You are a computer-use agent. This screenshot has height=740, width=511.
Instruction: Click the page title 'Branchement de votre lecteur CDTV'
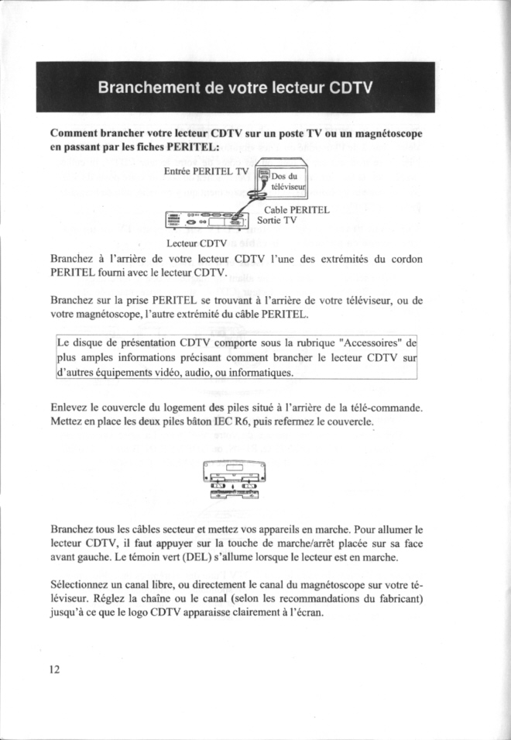(x=235, y=87)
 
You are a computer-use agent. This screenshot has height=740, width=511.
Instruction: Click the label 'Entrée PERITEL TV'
(x=208, y=171)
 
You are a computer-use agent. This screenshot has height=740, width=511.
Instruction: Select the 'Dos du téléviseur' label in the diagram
(x=289, y=181)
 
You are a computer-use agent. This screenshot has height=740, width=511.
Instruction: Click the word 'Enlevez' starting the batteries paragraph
(x=69, y=408)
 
